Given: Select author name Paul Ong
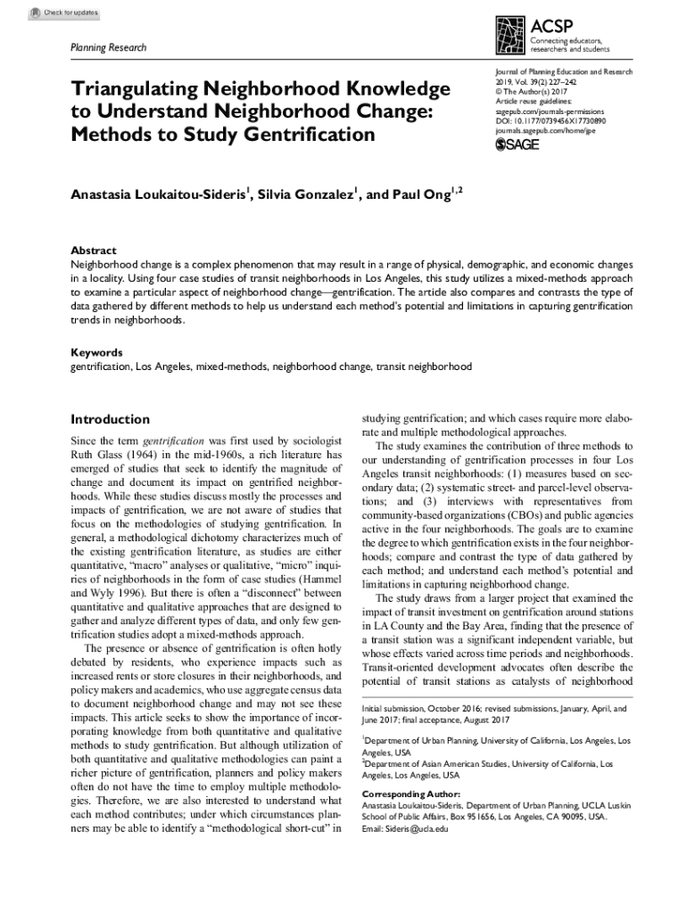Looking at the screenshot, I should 420,194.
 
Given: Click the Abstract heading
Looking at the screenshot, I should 94,251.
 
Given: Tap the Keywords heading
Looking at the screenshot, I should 97,352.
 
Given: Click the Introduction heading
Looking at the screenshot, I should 110,419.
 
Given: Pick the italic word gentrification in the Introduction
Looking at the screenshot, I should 173,441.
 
